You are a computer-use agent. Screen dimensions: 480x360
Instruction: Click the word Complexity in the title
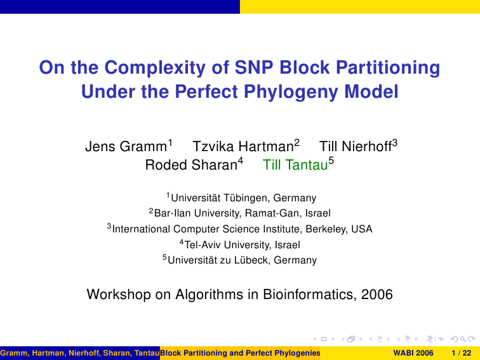(155, 68)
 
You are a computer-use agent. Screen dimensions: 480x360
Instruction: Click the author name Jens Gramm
(126, 146)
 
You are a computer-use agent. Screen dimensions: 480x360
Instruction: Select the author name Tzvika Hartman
(243, 146)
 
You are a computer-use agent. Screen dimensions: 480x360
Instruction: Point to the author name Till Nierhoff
(356, 146)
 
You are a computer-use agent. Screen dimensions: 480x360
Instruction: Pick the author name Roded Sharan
(191, 164)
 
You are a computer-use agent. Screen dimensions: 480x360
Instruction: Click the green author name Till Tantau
(295, 164)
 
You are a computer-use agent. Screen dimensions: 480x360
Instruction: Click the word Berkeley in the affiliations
(326, 229)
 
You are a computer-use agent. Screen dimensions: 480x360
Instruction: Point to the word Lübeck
(251, 260)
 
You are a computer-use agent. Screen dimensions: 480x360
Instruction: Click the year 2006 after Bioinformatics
(377, 295)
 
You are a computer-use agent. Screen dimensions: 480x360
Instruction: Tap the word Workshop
(119, 295)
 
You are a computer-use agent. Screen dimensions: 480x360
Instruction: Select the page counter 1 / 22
(462, 353)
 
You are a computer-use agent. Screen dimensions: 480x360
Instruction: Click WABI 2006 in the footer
(413, 353)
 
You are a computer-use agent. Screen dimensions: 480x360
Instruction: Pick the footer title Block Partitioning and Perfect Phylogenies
(240, 353)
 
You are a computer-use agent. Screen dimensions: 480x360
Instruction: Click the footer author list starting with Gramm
(80, 353)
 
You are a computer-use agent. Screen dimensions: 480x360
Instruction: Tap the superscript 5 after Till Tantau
(331, 161)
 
